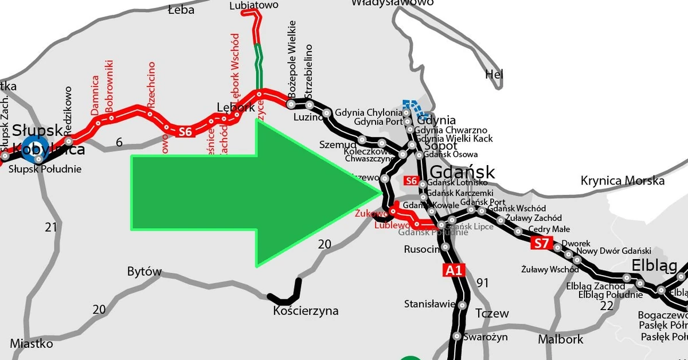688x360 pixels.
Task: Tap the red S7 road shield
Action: point(541,243)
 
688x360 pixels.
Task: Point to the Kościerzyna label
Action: point(306,311)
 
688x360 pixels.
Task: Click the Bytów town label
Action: point(144,272)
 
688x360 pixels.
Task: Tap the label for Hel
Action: point(494,74)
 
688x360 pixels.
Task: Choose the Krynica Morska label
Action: point(623,181)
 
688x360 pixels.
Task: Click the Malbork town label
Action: point(560,339)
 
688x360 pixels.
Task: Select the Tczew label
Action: point(492,314)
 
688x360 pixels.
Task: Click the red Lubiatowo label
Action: point(253,5)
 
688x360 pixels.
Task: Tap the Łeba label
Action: point(181,9)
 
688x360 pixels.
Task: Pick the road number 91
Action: point(483,282)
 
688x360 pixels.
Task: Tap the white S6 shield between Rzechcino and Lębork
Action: point(184,132)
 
